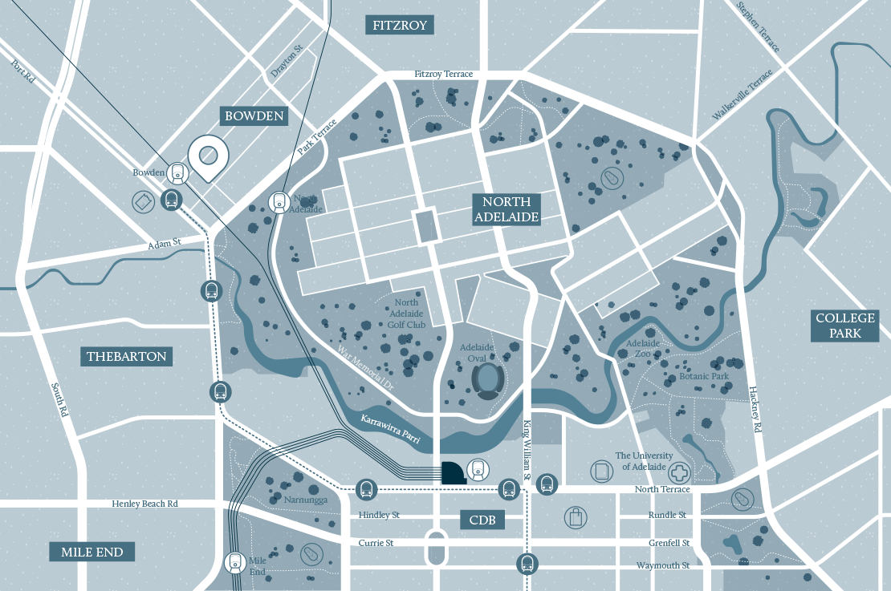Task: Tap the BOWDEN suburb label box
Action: pos(254,116)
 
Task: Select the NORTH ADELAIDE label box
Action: pos(506,209)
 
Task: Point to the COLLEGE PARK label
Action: pos(844,326)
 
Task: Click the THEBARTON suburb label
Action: pos(127,356)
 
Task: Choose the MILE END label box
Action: pos(92,552)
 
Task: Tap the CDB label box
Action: pos(482,520)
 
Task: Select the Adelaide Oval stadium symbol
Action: pos(486,381)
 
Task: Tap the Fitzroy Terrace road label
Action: pos(443,75)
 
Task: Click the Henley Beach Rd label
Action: pos(144,504)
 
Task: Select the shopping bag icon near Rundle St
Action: pos(576,517)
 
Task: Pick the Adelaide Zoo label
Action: pos(642,348)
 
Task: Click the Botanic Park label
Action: pos(704,375)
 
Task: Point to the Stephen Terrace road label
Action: pos(759,26)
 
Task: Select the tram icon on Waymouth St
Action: pos(527,563)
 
